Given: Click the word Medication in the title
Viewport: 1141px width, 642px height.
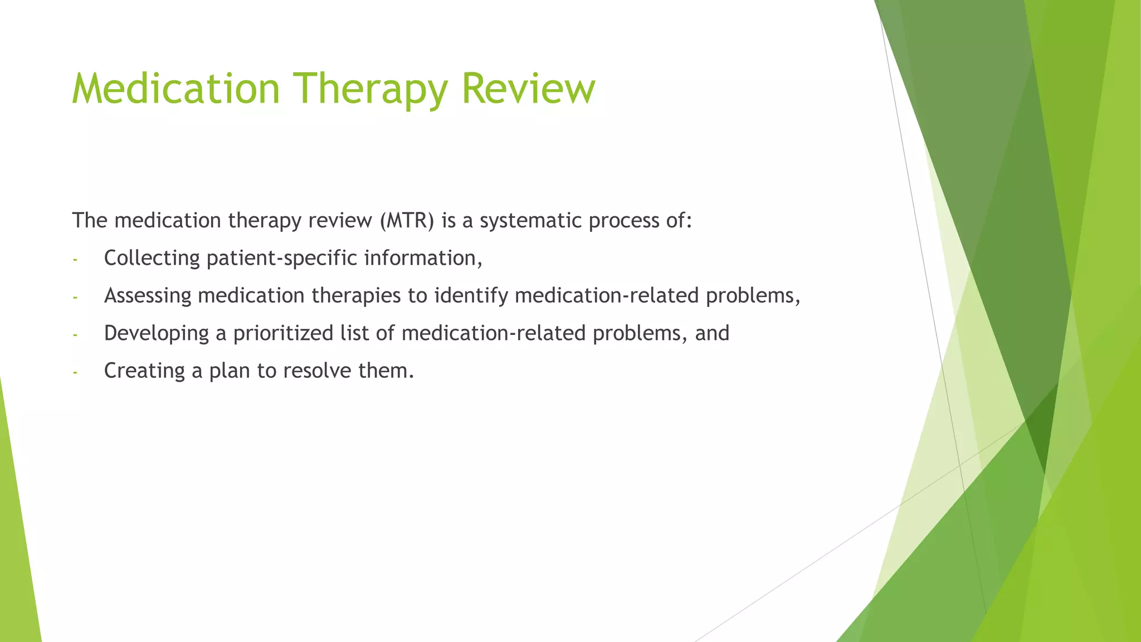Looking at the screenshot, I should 175,89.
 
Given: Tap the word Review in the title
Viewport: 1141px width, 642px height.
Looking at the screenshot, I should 528,89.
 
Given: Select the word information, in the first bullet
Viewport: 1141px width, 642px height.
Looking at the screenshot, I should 423,258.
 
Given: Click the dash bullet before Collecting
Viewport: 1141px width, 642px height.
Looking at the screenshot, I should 75,259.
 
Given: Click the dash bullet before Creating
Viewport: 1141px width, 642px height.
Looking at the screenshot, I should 75,372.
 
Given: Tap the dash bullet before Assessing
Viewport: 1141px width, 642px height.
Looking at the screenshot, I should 75,296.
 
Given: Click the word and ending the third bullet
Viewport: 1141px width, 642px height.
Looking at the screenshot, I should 712,333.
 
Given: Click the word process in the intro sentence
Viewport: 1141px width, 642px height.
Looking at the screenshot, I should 624,221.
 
